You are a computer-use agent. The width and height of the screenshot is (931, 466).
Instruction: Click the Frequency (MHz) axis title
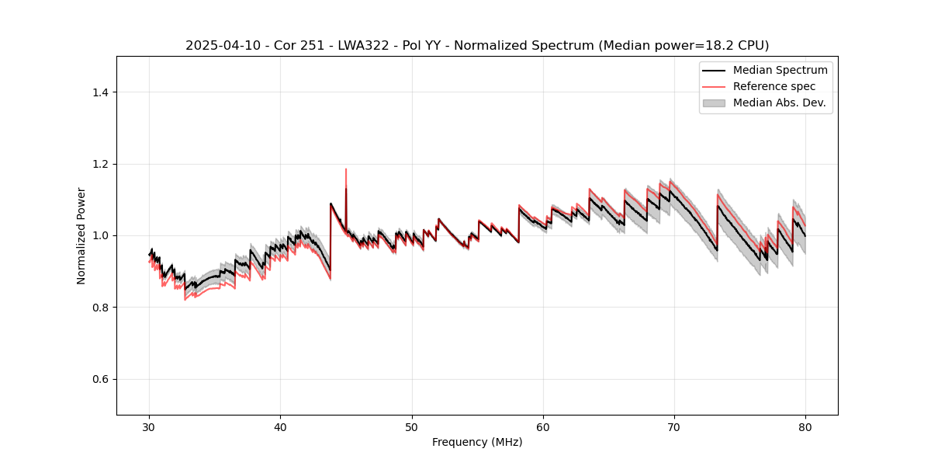[x=477, y=442]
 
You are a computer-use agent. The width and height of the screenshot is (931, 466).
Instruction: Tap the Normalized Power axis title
[x=81, y=235]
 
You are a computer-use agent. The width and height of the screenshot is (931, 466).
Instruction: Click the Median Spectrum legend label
[x=780, y=70]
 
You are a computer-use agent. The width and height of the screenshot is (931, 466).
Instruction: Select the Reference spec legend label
[x=774, y=86]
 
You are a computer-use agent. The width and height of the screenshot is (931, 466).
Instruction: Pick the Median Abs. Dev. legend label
[x=780, y=103]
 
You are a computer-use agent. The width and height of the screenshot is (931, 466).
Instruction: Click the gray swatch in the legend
[x=714, y=103]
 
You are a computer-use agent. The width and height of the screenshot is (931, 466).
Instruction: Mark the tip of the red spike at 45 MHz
[x=346, y=169]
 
